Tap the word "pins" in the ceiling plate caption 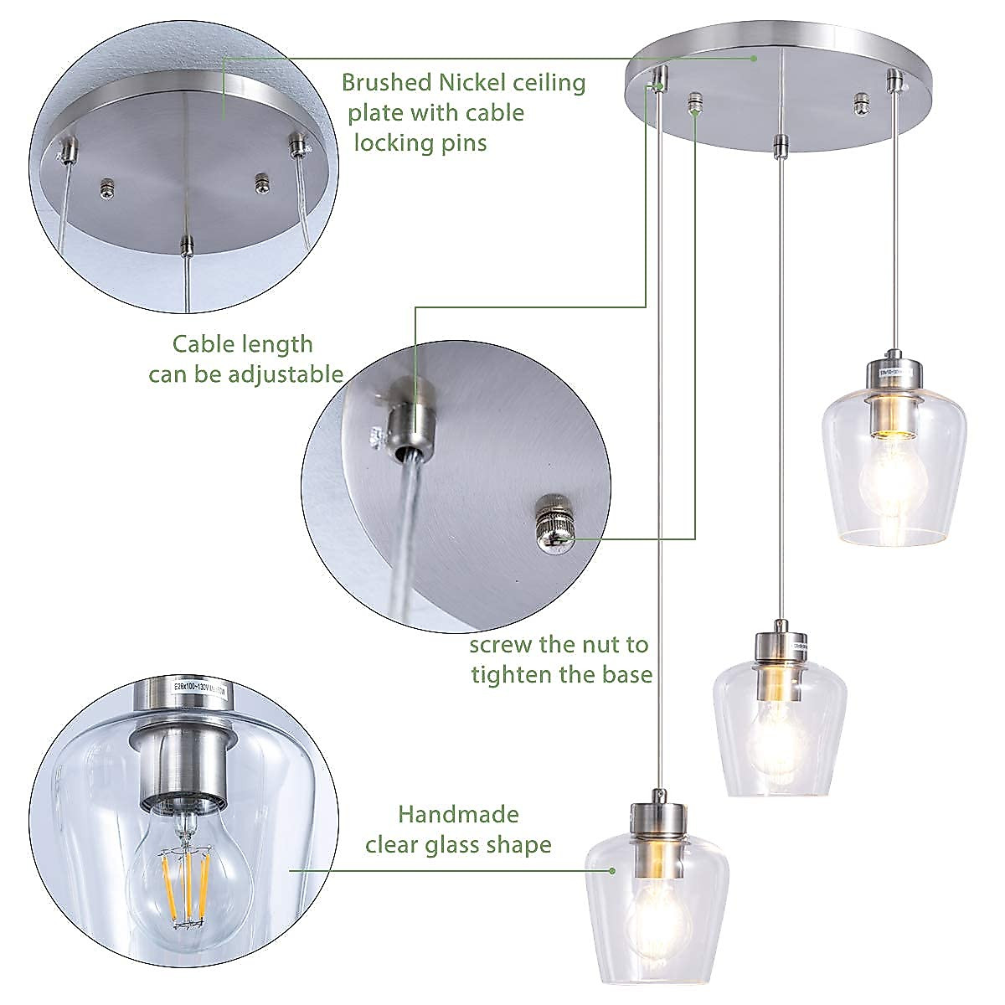click(460, 142)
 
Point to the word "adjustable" click(278, 374)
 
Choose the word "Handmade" click(458, 814)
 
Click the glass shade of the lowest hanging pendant click(657, 888)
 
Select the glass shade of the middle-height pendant click(779, 729)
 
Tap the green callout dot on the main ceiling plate click(754, 59)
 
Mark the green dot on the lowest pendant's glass click(613, 870)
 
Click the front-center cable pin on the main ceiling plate click(780, 145)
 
